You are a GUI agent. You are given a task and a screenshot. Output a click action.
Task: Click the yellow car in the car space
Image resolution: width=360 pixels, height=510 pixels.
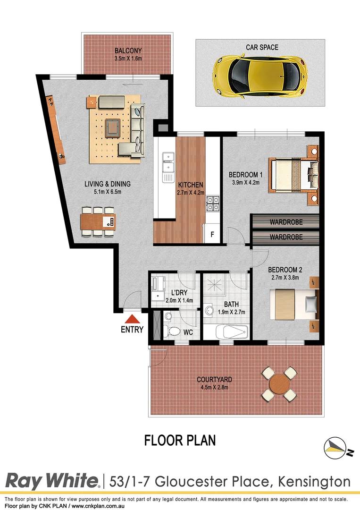pos(258,76)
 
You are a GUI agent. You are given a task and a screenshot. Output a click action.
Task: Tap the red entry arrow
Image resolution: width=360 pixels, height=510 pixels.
pos(132,319)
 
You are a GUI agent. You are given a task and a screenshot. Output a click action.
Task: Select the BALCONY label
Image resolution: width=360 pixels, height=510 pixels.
pos(128,51)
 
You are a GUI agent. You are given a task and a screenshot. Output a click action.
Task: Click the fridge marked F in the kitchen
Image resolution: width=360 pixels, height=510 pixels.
pos(212,234)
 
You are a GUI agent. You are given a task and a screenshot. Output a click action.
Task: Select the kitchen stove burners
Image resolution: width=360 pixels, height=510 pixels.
pos(212,203)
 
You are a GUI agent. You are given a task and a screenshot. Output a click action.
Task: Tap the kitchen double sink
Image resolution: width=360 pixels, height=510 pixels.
pos(167,167)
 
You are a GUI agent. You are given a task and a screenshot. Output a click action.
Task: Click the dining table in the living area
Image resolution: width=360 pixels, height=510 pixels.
pos(98,221)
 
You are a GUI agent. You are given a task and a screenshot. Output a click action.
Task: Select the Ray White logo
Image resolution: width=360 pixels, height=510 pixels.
pos(52,481)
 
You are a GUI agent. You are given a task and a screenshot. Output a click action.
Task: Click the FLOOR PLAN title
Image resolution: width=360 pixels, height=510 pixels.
pos(180,441)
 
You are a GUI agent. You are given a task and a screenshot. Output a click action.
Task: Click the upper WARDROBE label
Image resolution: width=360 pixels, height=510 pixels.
pos(286,222)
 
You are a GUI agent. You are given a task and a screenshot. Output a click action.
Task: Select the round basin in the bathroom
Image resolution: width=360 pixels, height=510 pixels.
pos(209,310)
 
